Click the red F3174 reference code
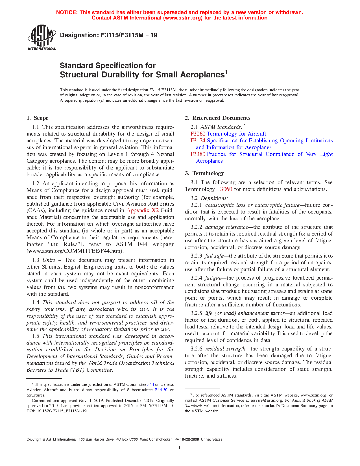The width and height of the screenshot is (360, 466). coord(198,141)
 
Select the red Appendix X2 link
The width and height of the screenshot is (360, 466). coord(142,210)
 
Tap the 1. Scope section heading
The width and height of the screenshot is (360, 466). coord(38,118)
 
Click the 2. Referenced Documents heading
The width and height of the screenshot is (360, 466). coord(218,118)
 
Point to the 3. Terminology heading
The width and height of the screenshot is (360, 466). coord(204,173)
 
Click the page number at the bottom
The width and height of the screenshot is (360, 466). coord(180,448)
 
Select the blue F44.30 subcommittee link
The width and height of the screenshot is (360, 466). coord(161,390)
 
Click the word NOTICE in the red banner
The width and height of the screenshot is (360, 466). coord(67,12)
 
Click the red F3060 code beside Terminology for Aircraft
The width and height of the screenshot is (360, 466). coord(198,134)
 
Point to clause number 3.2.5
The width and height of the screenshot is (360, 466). coord(196,313)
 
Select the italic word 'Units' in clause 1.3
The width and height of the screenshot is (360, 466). coord(49,260)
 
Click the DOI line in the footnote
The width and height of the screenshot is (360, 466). coord(57,411)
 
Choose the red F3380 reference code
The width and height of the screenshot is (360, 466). coord(198,154)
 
